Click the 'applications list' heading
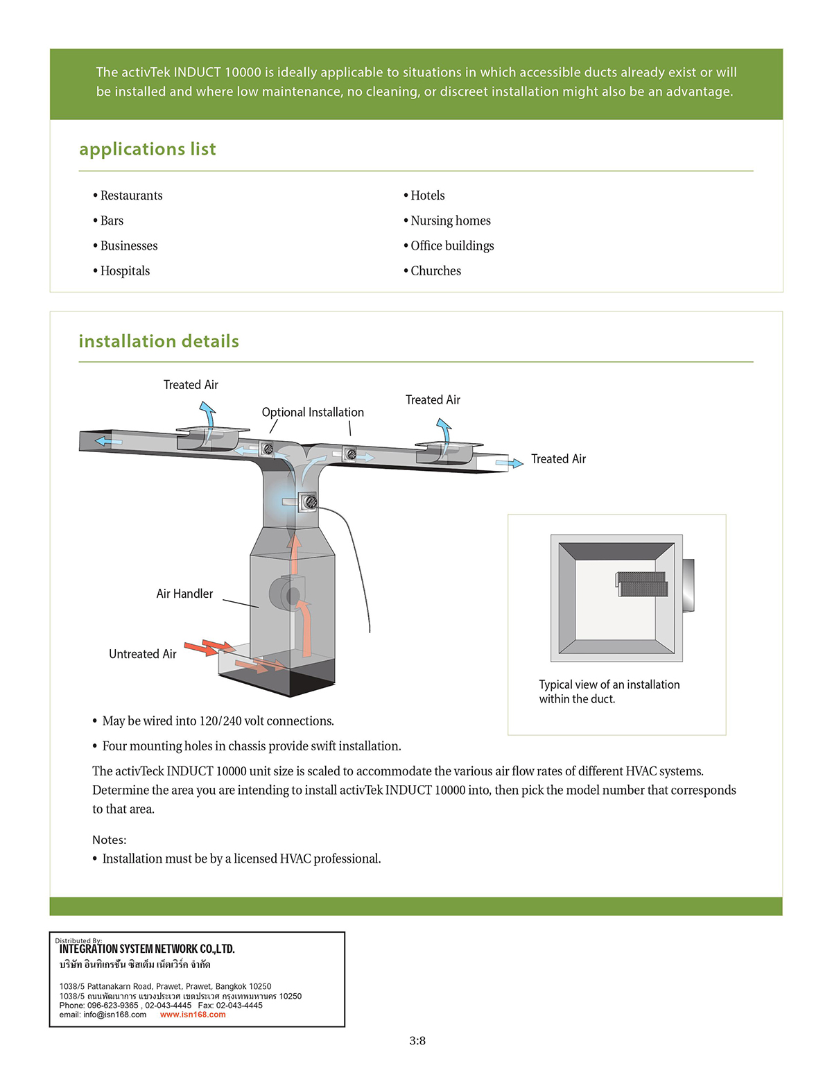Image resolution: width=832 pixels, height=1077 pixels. [147, 149]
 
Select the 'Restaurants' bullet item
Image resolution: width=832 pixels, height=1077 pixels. [131, 196]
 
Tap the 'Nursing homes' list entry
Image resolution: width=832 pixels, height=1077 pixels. [450, 221]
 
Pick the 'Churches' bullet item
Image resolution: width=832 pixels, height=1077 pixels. [435, 271]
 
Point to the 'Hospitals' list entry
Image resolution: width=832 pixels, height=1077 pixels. [125, 271]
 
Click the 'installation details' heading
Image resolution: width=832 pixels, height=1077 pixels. [159, 341]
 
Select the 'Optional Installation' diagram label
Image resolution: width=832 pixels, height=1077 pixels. [313, 412]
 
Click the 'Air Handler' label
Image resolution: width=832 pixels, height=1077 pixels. [184, 594]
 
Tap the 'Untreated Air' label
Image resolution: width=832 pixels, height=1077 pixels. [143, 654]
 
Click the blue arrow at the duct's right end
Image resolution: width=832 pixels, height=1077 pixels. [510, 463]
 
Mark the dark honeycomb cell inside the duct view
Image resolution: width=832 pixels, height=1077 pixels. [643, 584]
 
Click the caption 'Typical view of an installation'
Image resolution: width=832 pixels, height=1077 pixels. [609, 684]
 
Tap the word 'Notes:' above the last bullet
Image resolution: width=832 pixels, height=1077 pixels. [110, 840]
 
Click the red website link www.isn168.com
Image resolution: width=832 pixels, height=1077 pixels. [193, 1015]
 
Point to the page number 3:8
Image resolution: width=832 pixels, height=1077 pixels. [417, 1040]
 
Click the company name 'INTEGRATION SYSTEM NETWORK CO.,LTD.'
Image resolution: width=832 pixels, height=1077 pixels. [147, 949]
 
